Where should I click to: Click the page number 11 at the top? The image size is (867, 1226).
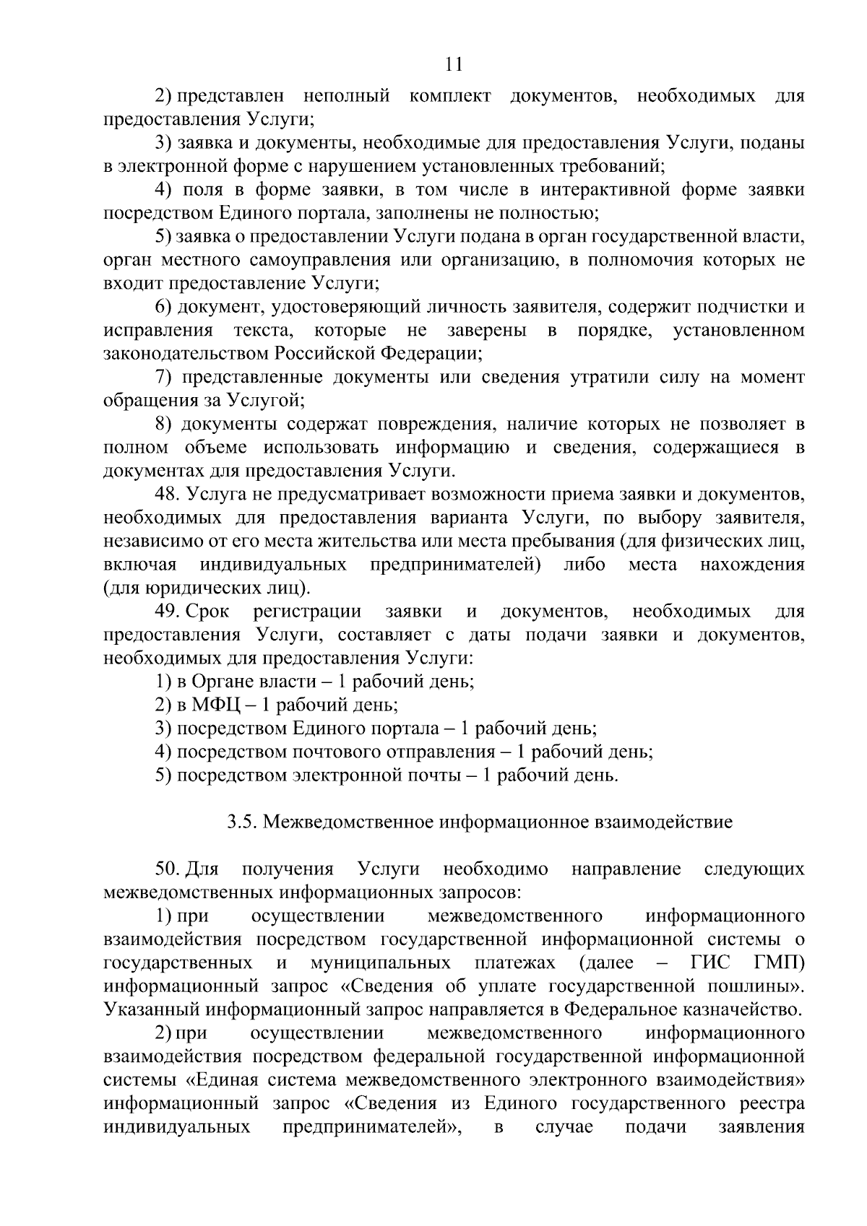point(454,65)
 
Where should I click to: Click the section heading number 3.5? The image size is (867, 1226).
point(241,822)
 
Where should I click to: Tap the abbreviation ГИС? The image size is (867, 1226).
point(709,963)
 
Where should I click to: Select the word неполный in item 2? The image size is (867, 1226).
point(347,95)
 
